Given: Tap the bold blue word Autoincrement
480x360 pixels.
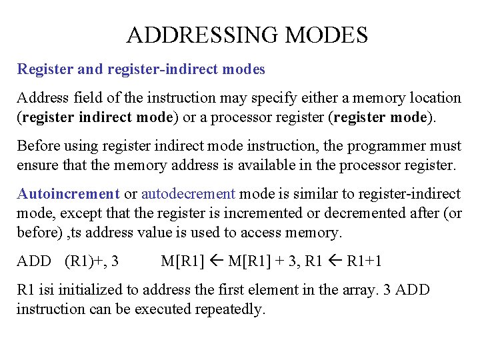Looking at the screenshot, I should (x=68, y=194).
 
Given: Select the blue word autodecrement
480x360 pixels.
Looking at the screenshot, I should (x=188, y=194).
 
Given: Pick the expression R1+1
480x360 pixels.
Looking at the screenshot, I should (x=364, y=261).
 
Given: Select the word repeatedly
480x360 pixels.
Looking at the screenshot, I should (x=228, y=309).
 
